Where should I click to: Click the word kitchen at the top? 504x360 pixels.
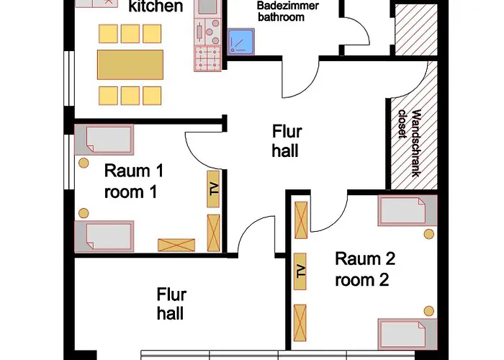156,6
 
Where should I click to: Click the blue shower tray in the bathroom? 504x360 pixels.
241,42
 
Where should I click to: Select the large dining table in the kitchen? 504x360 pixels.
130,65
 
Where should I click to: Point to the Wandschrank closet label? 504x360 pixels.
410,143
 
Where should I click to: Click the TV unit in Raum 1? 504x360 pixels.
213,189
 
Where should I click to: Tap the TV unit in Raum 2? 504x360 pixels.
300,271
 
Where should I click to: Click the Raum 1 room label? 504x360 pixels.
134,181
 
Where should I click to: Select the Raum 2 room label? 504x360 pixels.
365,269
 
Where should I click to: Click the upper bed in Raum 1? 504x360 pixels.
104,140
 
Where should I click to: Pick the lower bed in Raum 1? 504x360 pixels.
104,236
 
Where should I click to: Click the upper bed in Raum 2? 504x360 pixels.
408,210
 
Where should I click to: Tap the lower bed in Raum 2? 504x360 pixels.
408,334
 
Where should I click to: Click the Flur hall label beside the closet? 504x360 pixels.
287,141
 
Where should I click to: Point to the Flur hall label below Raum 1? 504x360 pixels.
171,304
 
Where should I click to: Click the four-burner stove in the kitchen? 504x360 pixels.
207,58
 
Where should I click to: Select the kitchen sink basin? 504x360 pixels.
207,6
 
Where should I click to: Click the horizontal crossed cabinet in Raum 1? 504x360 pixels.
176,245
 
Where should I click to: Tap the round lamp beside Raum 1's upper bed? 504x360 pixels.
84,163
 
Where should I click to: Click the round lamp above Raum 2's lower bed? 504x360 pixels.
429,311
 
